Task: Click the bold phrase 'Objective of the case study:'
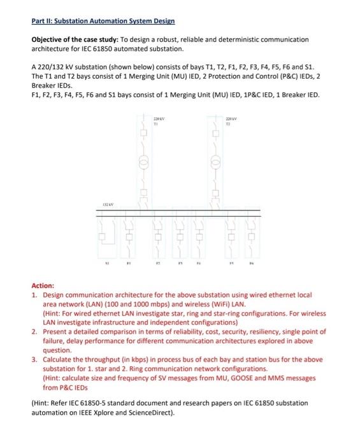point(71,39)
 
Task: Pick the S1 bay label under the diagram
point(107,261)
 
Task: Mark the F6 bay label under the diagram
point(253,261)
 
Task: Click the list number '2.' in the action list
point(35,332)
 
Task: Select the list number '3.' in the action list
point(35,359)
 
